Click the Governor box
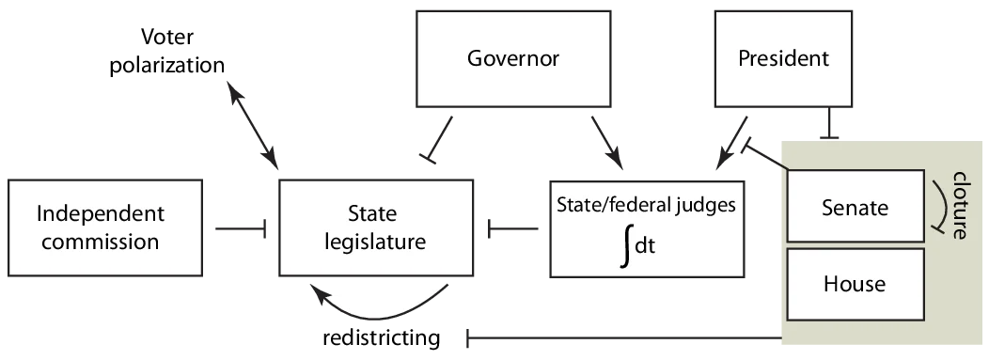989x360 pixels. (x=512, y=59)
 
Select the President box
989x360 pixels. (x=783, y=59)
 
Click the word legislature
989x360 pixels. (x=375, y=242)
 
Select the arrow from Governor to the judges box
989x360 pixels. (x=603, y=139)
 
